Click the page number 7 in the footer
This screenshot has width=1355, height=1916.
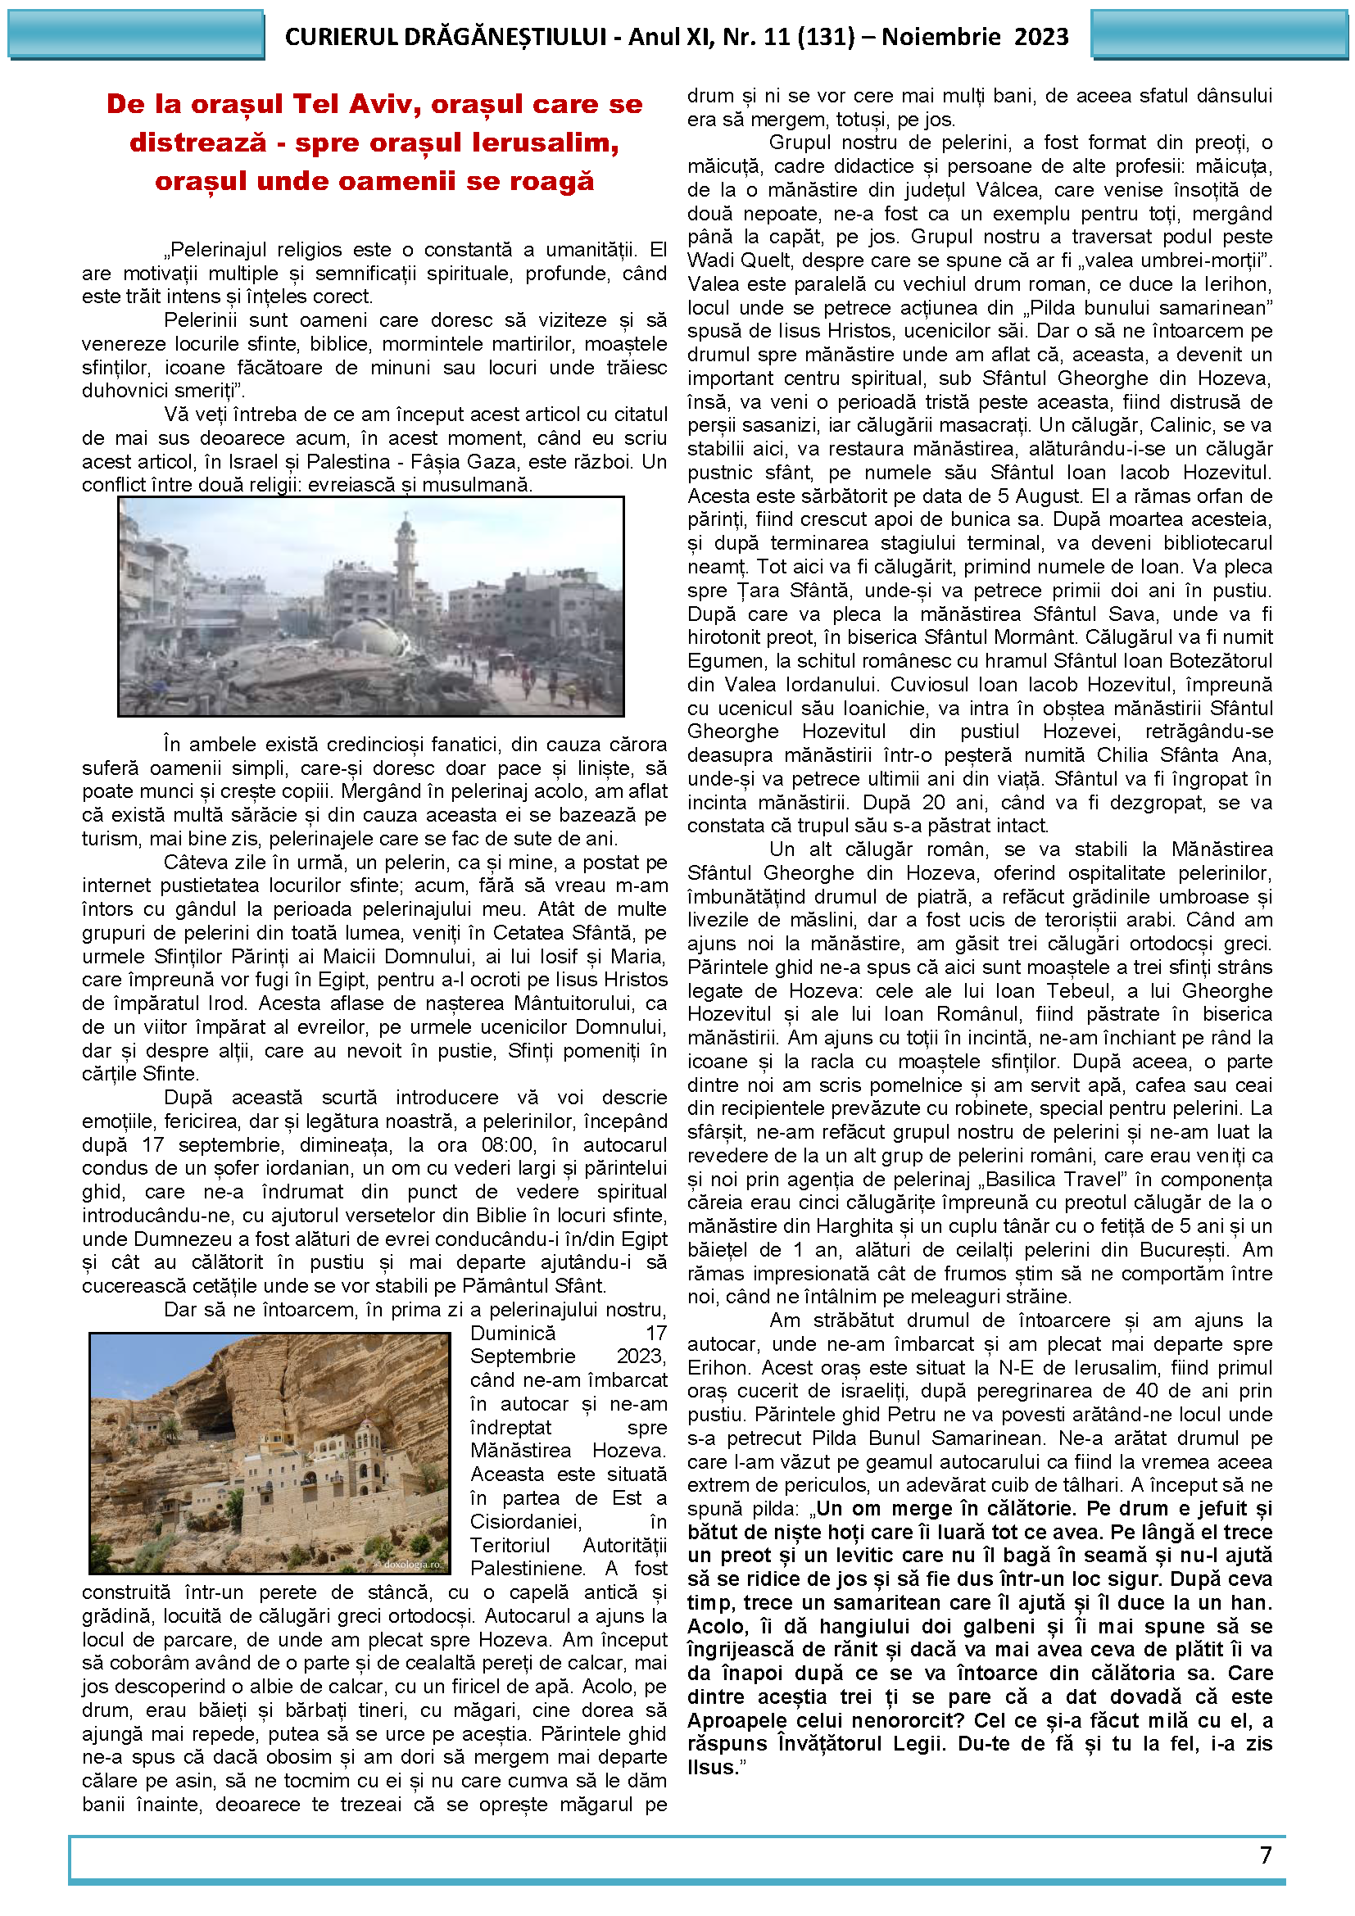click(1265, 1855)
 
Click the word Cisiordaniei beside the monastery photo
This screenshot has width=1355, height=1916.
click(526, 1520)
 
